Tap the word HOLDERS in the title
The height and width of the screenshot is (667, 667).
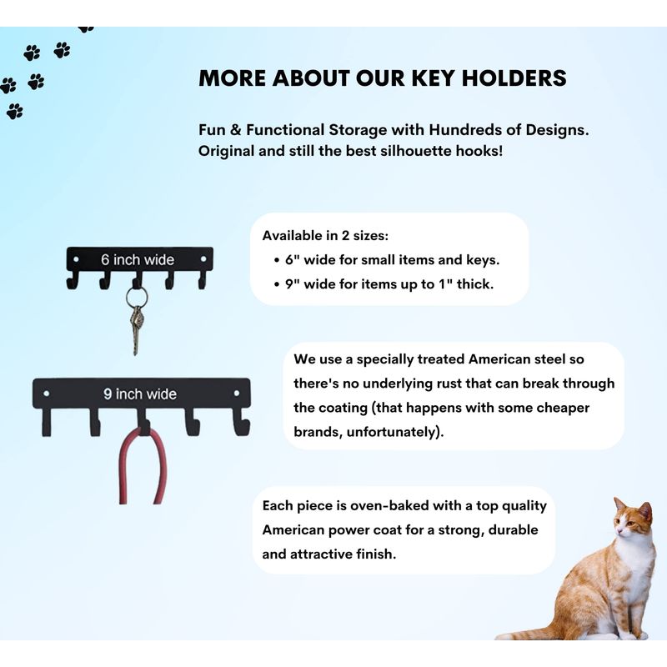click(514, 78)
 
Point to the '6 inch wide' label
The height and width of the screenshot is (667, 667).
click(138, 259)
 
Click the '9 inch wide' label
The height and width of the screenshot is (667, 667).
click(140, 394)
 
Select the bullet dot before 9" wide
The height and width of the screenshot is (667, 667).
click(277, 284)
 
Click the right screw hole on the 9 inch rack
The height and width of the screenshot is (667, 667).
click(237, 394)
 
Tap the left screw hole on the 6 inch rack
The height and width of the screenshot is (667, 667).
click(76, 259)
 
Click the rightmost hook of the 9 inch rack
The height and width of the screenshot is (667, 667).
click(241, 422)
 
